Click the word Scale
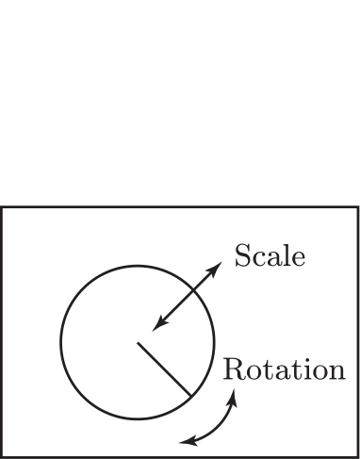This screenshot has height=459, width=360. [270, 255]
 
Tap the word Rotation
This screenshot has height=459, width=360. [283, 369]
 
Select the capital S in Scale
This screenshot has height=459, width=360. [241, 255]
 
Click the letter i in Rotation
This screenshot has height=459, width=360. [304, 369]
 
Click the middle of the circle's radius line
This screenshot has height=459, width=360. [164, 369]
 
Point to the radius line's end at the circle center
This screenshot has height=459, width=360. [138, 341]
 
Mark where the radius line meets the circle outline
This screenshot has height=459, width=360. [190, 395]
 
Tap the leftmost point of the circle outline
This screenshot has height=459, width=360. [61, 341]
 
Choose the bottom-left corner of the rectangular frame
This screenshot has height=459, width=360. [2, 456]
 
